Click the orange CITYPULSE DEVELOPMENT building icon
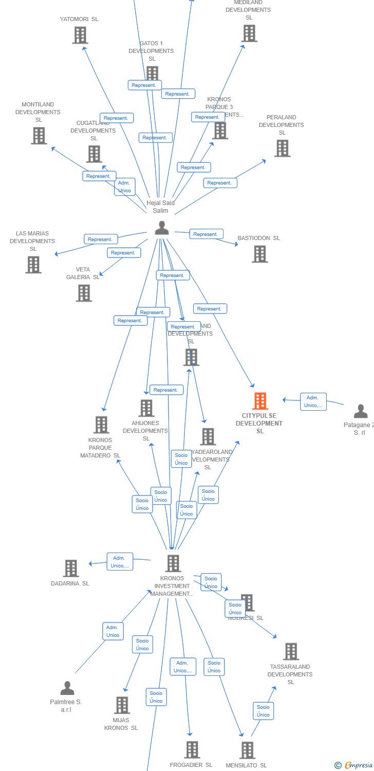click(x=260, y=401)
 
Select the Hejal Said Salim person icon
click(x=162, y=228)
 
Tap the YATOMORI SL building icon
click(x=80, y=35)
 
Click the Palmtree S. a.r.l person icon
click(x=67, y=688)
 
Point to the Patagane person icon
click(x=361, y=411)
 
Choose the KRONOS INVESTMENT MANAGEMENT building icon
click(x=173, y=563)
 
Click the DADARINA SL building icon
click(x=71, y=568)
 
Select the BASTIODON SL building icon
click(x=259, y=254)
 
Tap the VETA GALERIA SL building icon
click(x=84, y=293)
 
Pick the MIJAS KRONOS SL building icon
click(x=122, y=705)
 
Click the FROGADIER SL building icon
click(x=192, y=749)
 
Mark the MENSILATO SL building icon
click(x=247, y=750)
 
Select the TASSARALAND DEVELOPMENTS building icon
click(x=291, y=651)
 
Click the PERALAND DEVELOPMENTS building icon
click(x=282, y=148)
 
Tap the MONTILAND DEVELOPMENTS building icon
click(x=39, y=136)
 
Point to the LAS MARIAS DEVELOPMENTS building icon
click(x=33, y=265)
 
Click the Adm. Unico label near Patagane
click(x=313, y=401)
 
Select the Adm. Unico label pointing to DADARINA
click(x=120, y=562)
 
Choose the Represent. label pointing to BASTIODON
click(x=206, y=234)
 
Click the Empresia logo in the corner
click(x=354, y=765)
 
